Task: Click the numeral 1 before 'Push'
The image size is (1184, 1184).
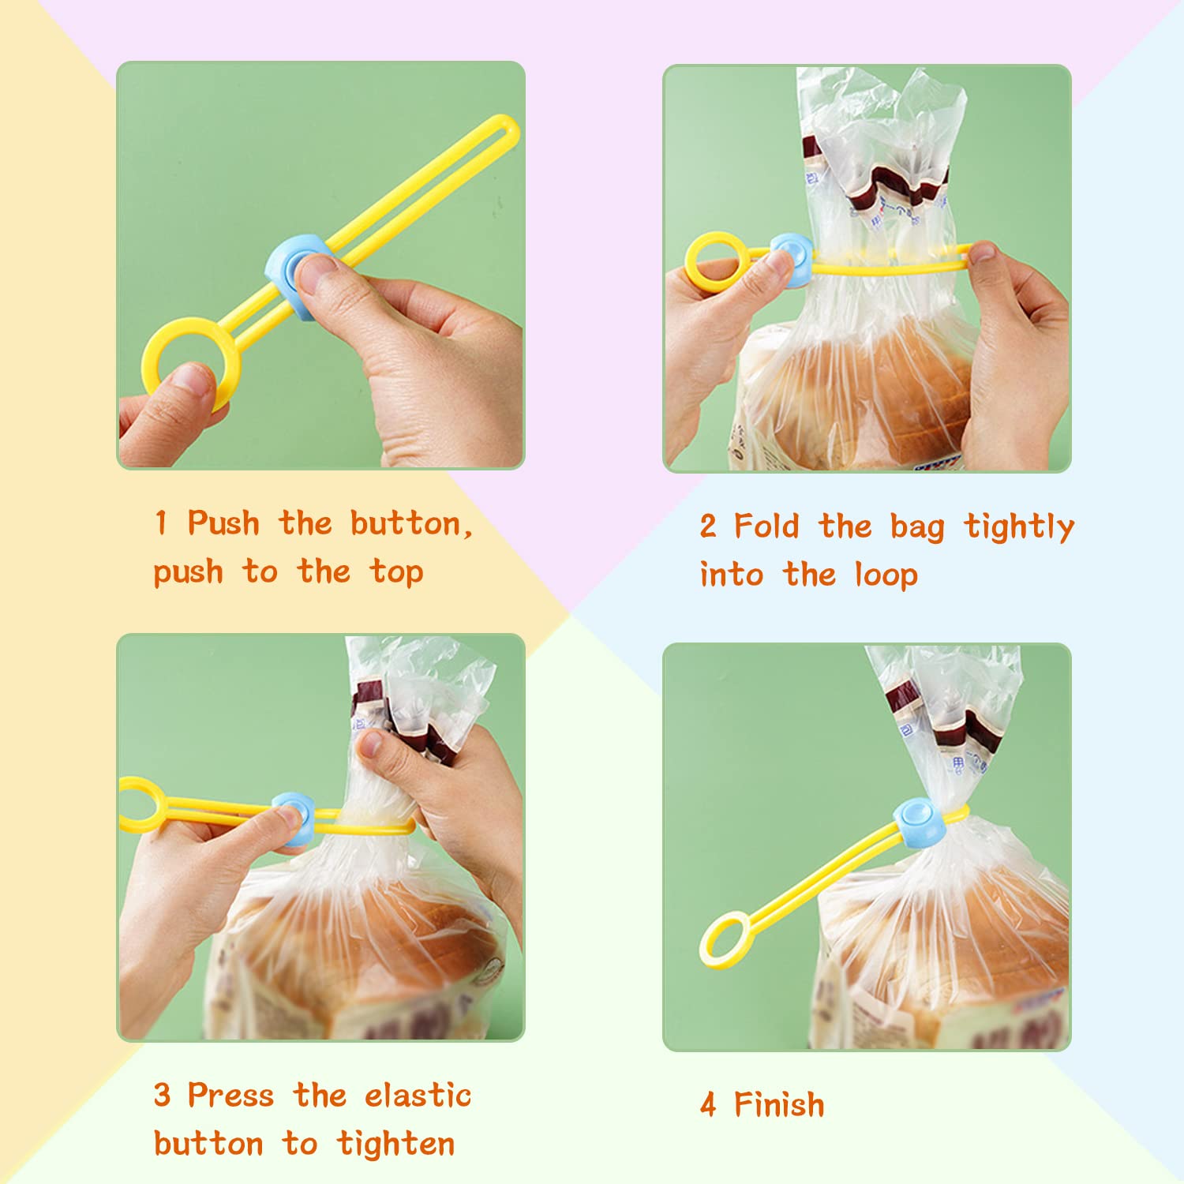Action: pyautogui.click(x=161, y=523)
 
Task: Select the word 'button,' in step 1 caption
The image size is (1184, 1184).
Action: pyautogui.click(x=411, y=524)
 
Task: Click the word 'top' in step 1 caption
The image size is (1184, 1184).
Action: pyautogui.click(x=396, y=572)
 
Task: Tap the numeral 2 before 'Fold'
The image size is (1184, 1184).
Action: pyautogui.click(x=708, y=526)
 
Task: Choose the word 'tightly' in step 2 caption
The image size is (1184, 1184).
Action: pyautogui.click(x=1018, y=527)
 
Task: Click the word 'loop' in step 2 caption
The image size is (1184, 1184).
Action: pyautogui.click(x=886, y=575)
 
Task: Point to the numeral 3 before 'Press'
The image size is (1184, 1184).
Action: pyautogui.click(x=162, y=1096)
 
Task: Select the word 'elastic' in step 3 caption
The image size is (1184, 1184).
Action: pyautogui.click(x=418, y=1096)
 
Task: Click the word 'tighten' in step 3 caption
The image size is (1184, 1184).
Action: pyautogui.click(x=395, y=1144)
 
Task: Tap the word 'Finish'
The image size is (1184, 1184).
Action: pyautogui.click(x=779, y=1104)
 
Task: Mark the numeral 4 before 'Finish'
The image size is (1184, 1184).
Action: pyautogui.click(x=708, y=1105)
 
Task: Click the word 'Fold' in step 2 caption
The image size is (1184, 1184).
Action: pyautogui.click(x=766, y=526)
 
